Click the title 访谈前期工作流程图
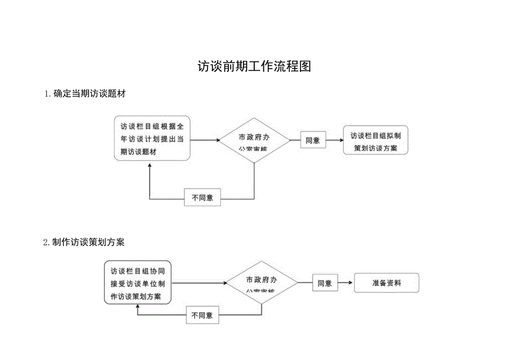point(254,67)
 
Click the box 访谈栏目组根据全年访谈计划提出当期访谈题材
point(152,139)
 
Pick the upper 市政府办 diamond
point(254,140)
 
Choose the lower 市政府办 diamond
point(262,283)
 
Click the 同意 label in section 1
point(313,140)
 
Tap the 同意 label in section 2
point(325,283)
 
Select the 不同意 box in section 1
point(202,197)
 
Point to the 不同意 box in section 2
point(201,316)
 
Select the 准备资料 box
point(386,283)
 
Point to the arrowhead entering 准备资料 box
point(351,283)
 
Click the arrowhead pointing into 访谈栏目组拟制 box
point(340,140)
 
